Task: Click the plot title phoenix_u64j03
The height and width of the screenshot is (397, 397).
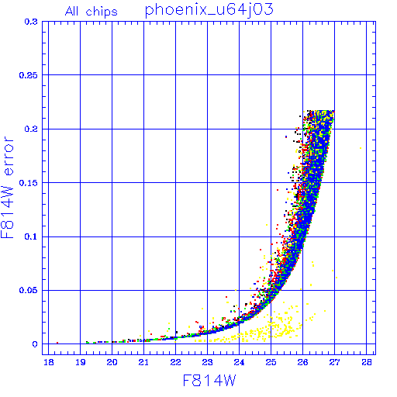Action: pos(209,11)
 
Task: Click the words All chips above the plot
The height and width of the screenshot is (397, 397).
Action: pos(91,12)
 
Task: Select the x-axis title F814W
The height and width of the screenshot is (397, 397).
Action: pos(209,381)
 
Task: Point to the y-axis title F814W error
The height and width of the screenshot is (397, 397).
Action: pos(7,188)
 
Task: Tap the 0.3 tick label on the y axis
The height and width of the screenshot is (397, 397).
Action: pos(31,22)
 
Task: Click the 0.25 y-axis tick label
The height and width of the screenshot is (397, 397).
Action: pos(29,75)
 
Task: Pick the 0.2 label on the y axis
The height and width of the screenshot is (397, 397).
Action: pos(31,129)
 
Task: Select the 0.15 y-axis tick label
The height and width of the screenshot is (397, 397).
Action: pos(29,183)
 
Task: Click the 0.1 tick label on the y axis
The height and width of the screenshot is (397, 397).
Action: pos(31,236)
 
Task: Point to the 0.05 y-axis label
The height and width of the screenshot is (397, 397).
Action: pos(29,290)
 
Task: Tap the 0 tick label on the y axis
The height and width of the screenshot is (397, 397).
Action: pos(35,344)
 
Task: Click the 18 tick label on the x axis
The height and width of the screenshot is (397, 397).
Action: pos(49,362)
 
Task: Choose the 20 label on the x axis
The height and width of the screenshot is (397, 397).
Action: pos(112,362)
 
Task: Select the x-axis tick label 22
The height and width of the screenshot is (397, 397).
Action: pos(175,362)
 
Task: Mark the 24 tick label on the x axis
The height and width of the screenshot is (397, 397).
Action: pos(239,362)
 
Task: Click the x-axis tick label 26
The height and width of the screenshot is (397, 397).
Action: pos(302,362)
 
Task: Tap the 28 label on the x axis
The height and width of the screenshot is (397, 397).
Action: pos(367,362)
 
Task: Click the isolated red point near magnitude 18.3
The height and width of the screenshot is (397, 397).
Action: pos(57,343)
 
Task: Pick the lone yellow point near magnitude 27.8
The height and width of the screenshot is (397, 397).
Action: pos(361,148)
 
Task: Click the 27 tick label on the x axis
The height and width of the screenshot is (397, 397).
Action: pos(334,362)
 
